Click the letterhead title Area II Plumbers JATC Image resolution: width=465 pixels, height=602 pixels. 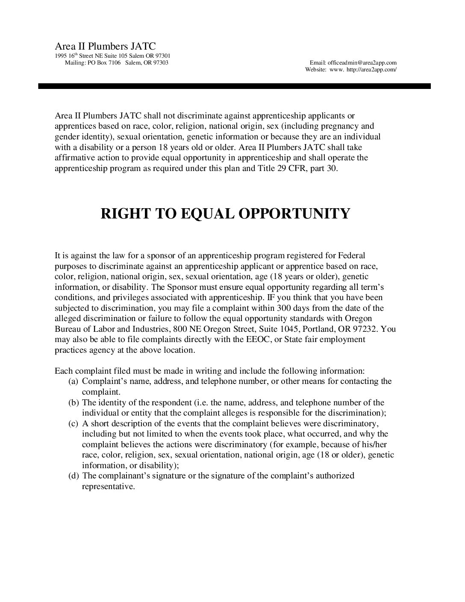point(105,46)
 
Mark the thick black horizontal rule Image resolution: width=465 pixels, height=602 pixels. point(234,86)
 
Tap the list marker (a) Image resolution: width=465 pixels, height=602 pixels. point(73,381)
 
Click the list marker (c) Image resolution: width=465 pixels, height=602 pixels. point(73,423)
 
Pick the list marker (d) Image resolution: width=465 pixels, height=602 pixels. point(73,476)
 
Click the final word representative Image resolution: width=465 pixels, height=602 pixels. point(108,487)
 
